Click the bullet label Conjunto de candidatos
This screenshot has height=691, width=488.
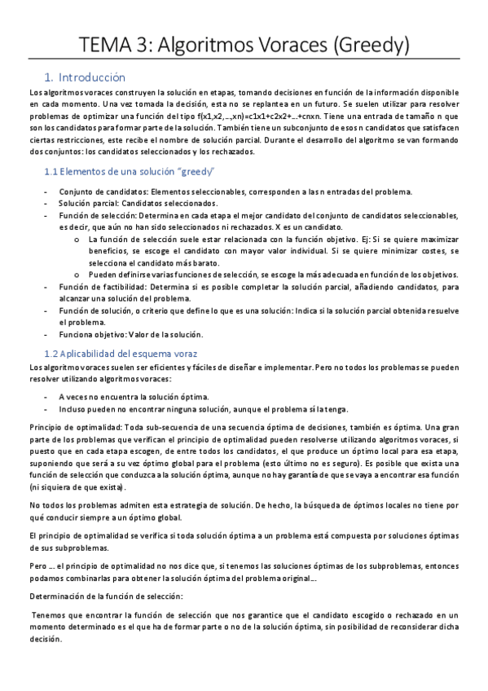103,191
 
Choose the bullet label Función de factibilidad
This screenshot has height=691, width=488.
104,287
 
